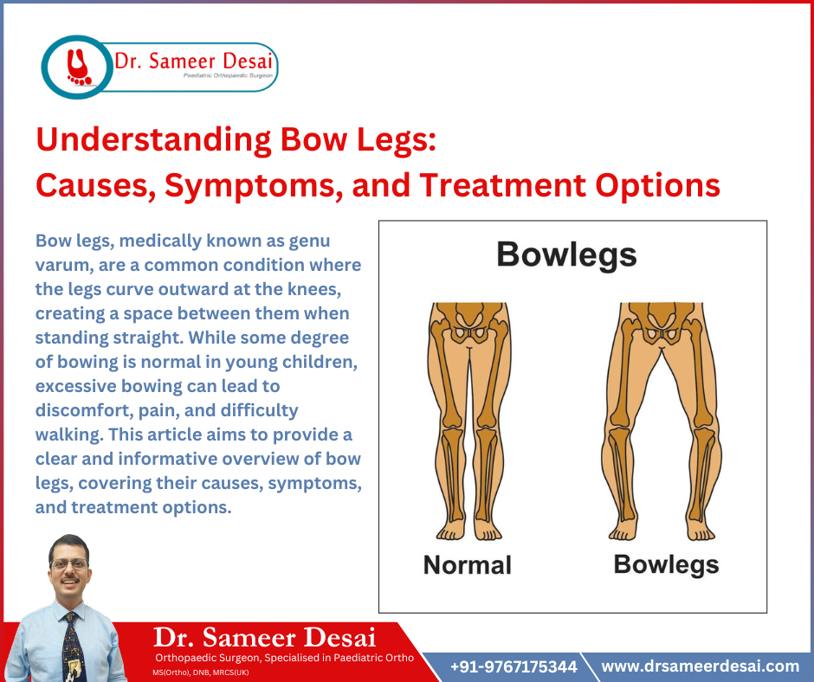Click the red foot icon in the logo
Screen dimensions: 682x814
coord(79,66)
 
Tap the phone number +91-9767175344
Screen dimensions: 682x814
coord(514,666)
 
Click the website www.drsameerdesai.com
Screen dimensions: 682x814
coord(700,666)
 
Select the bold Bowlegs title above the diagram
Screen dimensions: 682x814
coord(566,254)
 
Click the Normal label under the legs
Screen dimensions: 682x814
coord(467,565)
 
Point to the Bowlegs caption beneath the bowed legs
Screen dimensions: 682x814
coord(666,564)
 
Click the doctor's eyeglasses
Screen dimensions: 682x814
coord(69,564)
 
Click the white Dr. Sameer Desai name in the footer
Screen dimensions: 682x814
coord(264,638)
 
